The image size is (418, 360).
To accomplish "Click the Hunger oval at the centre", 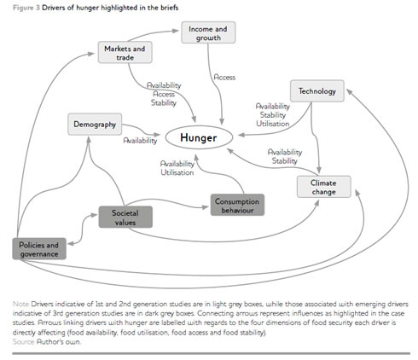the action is click(x=199, y=137).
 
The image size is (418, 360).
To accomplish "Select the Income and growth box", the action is click(x=208, y=32).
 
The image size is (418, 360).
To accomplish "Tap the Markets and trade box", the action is click(x=125, y=53).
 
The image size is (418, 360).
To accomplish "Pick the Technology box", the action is click(x=317, y=91).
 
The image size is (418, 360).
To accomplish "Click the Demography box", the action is click(x=95, y=125).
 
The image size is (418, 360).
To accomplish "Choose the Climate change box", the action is click(x=324, y=187).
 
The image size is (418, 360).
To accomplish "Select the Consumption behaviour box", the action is click(x=237, y=205).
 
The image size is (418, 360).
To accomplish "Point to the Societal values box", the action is click(x=125, y=218).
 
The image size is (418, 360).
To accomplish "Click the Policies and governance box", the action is click(x=39, y=249).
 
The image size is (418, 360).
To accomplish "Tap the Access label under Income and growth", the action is click(x=224, y=78).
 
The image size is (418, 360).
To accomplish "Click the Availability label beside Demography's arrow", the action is click(x=140, y=141).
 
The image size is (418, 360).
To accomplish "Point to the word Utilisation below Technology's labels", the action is click(x=273, y=124).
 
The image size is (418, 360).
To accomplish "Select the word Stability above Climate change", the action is click(x=284, y=161).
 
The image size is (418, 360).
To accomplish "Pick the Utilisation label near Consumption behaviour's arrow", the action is click(x=177, y=172).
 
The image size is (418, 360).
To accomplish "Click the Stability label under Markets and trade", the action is click(x=164, y=102).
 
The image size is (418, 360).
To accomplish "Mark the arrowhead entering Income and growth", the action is click(x=176, y=31).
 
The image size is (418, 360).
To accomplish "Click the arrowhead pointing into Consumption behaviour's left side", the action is click(x=206, y=207).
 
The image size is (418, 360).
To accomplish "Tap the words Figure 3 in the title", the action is click(x=26, y=8).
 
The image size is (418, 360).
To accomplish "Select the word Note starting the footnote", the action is click(x=20, y=304).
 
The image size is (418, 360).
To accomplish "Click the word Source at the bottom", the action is click(x=24, y=341).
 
